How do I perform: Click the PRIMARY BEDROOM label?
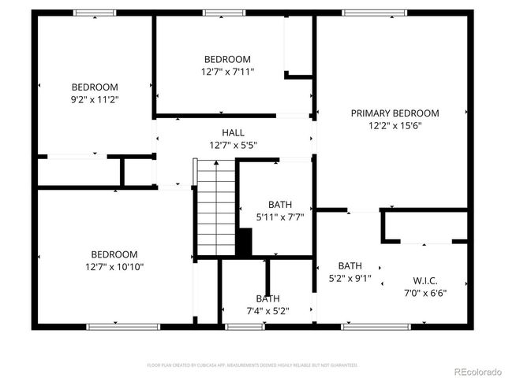[395, 113]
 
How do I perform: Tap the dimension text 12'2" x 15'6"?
[395, 126]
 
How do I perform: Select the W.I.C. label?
[425, 281]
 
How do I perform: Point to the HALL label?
[233, 133]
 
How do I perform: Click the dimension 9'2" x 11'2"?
[95, 100]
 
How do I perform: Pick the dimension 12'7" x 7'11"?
[228, 72]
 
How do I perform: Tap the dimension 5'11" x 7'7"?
[280, 216]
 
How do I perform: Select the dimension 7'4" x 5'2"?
[267, 311]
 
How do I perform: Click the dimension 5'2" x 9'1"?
[350, 278]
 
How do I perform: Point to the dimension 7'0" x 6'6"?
[425, 293]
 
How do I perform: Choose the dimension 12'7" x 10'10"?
[114, 267]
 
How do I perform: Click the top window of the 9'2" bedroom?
[95, 13]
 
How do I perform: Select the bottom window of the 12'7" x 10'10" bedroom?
[112, 327]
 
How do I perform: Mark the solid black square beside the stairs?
[244, 242]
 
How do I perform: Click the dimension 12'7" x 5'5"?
[233, 146]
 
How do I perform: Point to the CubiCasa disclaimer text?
[252, 365]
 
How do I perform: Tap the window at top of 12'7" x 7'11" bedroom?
[224, 13]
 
